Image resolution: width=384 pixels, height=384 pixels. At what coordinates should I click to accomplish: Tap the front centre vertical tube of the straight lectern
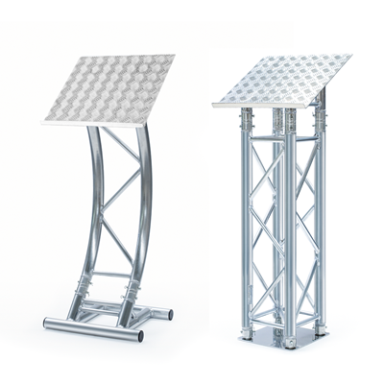point(284,230)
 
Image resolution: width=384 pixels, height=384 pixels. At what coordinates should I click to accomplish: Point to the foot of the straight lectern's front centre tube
point(284,340)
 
